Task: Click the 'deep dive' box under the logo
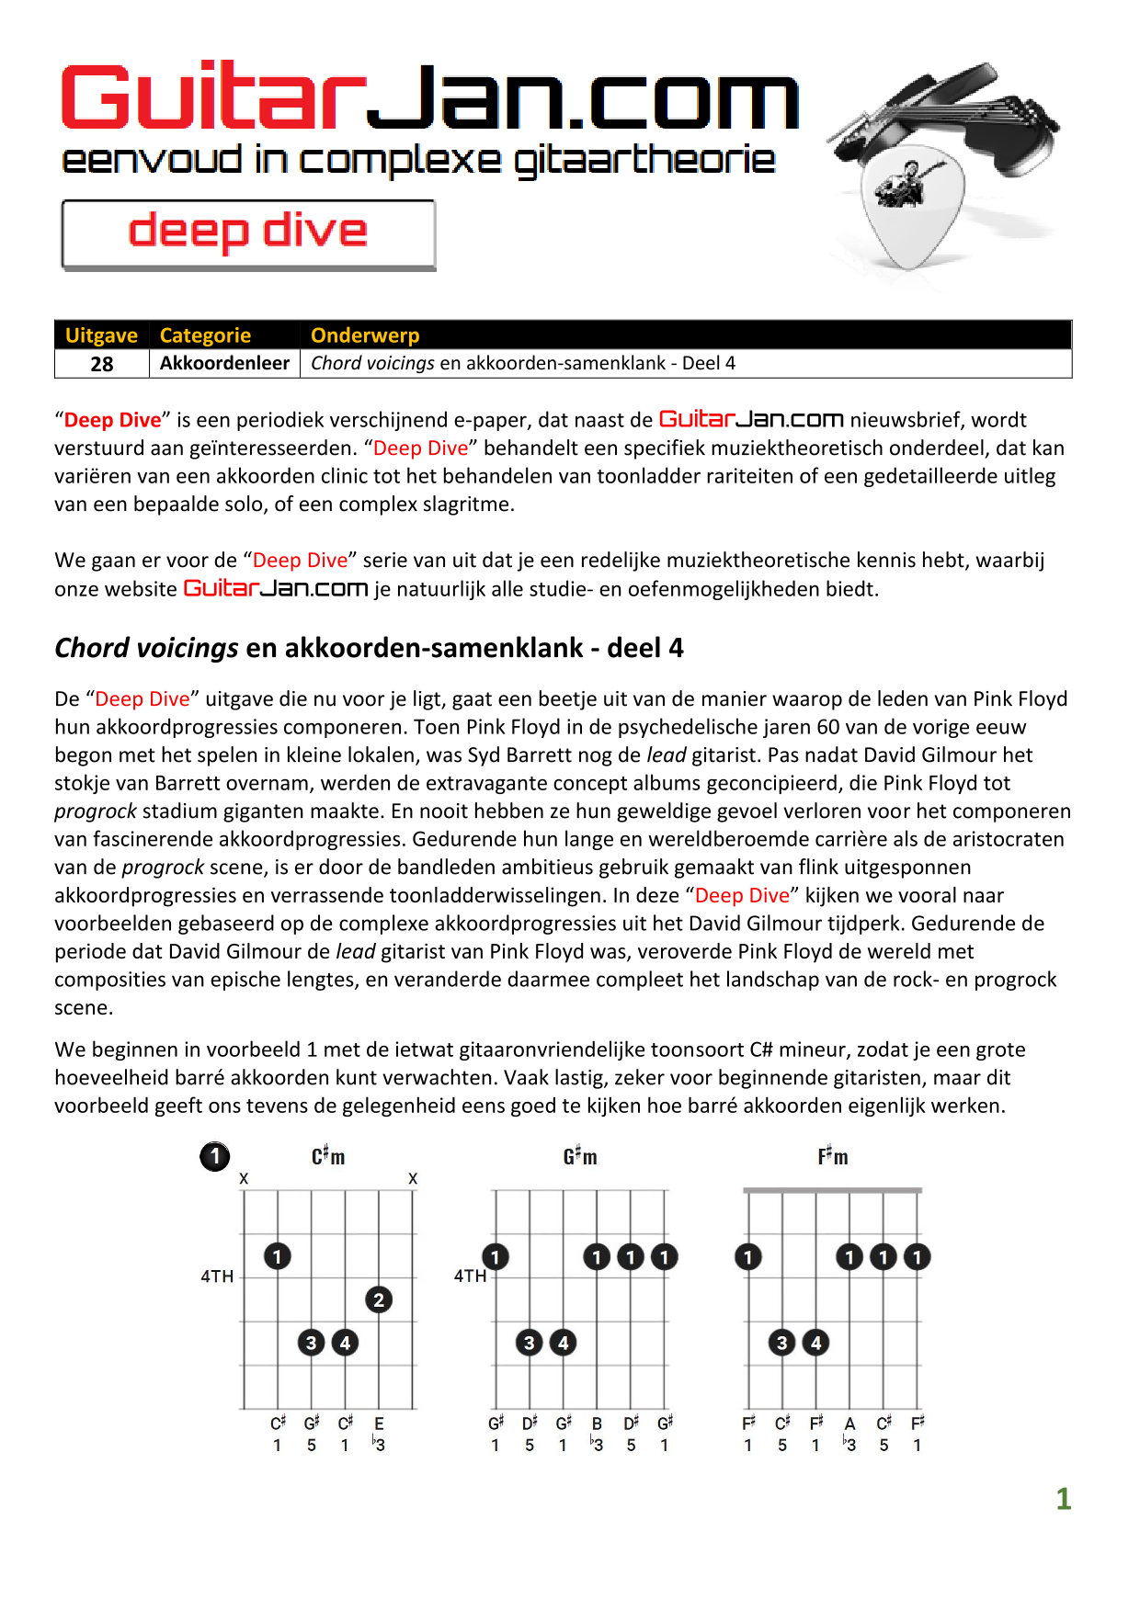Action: tap(248, 233)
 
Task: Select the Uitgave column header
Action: tap(101, 335)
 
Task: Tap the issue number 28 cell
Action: tap(102, 364)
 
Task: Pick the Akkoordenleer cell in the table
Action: tap(224, 363)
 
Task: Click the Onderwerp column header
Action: tap(365, 335)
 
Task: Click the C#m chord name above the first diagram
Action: tap(328, 1156)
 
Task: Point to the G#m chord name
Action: tap(580, 1156)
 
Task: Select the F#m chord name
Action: tap(833, 1156)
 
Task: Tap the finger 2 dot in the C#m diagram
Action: tap(379, 1299)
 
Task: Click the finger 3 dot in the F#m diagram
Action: tap(782, 1343)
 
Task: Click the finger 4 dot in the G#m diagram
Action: tap(564, 1343)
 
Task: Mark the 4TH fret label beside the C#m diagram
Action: tap(217, 1276)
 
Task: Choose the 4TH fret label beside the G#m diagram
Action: tap(470, 1276)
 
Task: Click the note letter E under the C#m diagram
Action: tap(379, 1424)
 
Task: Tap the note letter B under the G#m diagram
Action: tap(597, 1424)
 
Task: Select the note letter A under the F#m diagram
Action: tap(849, 1424)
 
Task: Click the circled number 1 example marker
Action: tap(215, 1156)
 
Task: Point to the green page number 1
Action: tap(1064, 1499)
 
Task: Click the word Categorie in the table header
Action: tap(205, 335)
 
